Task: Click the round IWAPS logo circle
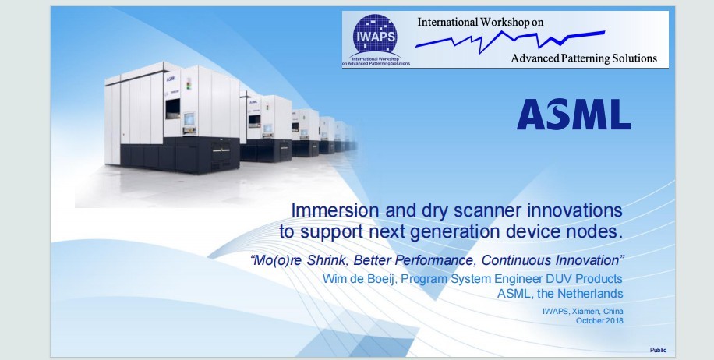[x=375, y=35]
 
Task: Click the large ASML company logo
[x=573, y=115]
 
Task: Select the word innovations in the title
[x=575, y=210]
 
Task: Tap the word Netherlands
[x=591, y=294]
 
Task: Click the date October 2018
[x=599, y=320]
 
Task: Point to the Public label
[x=658, y=350]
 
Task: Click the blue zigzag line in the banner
[x=510, y=41]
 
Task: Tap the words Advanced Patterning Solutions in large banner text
[x=584, y=58]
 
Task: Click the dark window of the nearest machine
[x=172, y=108]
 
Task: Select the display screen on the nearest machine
[x=189, y=118]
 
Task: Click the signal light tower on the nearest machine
[x=189, y=84]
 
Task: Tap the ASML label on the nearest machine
[x=171, y=79]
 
